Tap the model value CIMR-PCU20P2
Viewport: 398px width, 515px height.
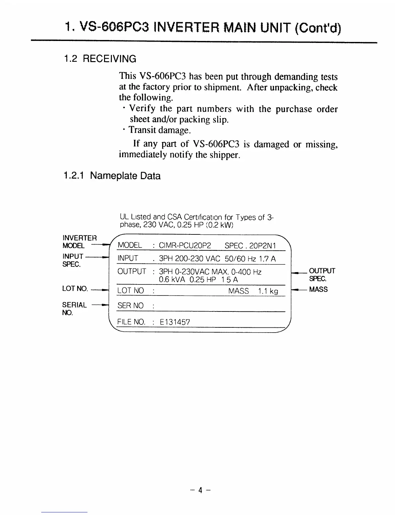point(185,245)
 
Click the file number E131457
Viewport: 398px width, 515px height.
point(175,322)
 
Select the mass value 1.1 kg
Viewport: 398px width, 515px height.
point(268,291)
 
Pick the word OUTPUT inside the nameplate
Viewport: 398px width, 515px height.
point(132,271)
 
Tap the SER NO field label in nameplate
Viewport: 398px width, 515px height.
point(130,306)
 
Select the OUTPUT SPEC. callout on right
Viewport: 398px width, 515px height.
point(322,275)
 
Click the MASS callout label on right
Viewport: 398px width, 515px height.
point(318,289)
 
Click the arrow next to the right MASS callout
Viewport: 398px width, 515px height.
point(299,289)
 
